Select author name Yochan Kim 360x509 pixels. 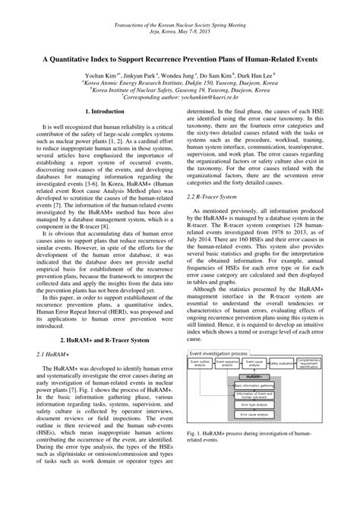tap(102, 77)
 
